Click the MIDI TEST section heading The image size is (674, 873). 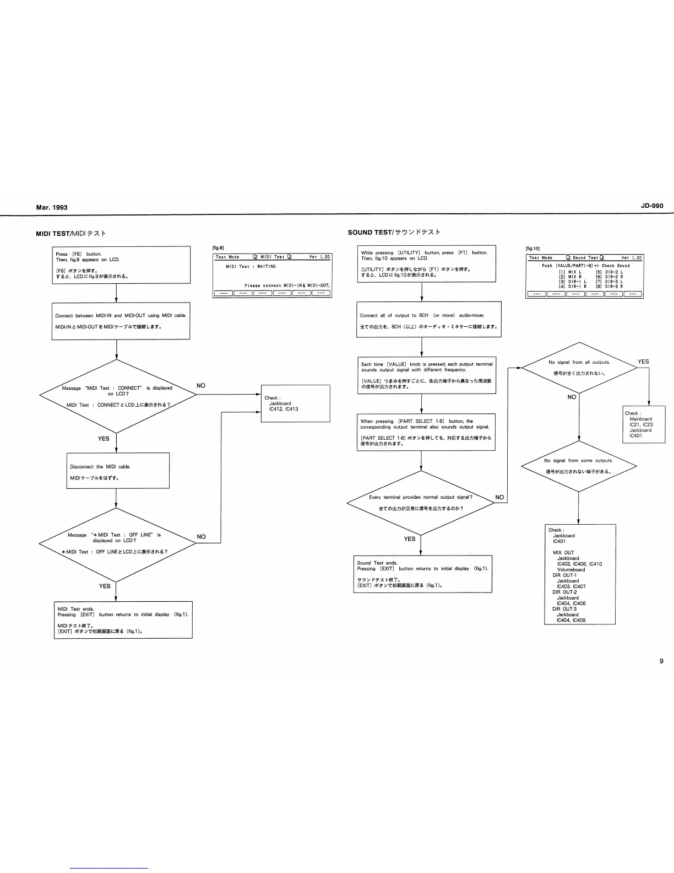pos(71,233)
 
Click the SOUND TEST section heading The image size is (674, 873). pos(394,232)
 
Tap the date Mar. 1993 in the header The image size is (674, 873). pos(52,207)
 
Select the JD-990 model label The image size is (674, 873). pos(652,206)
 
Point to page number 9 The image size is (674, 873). pos(661,661)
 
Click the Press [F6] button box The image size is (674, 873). pos(121,265)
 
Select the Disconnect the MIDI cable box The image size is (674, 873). pos(118,470)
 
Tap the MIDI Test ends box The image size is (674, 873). pos(123,619)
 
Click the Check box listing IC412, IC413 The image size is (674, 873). pos(295,403)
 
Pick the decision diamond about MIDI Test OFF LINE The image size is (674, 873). pos(117,543)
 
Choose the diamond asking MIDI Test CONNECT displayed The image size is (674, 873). pos(117,396)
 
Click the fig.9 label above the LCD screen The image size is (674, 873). pos(218,248)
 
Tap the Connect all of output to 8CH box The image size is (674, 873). pos(429,319)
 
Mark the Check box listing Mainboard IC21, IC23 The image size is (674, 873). pos(644,424)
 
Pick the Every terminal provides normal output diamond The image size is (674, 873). pos(421,503)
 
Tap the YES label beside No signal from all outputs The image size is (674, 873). pos(643,362)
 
